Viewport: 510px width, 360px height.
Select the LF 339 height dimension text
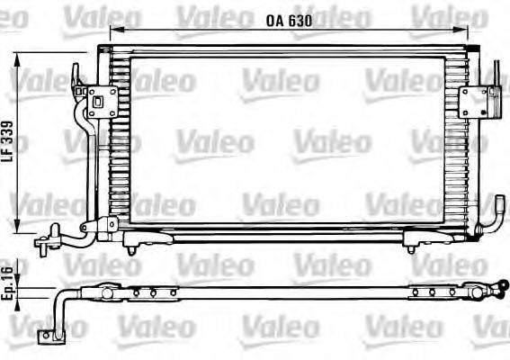[8, 141]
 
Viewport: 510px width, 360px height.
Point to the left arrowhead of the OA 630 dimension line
[115, 31]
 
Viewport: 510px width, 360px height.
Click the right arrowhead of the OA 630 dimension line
[470, 31]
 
